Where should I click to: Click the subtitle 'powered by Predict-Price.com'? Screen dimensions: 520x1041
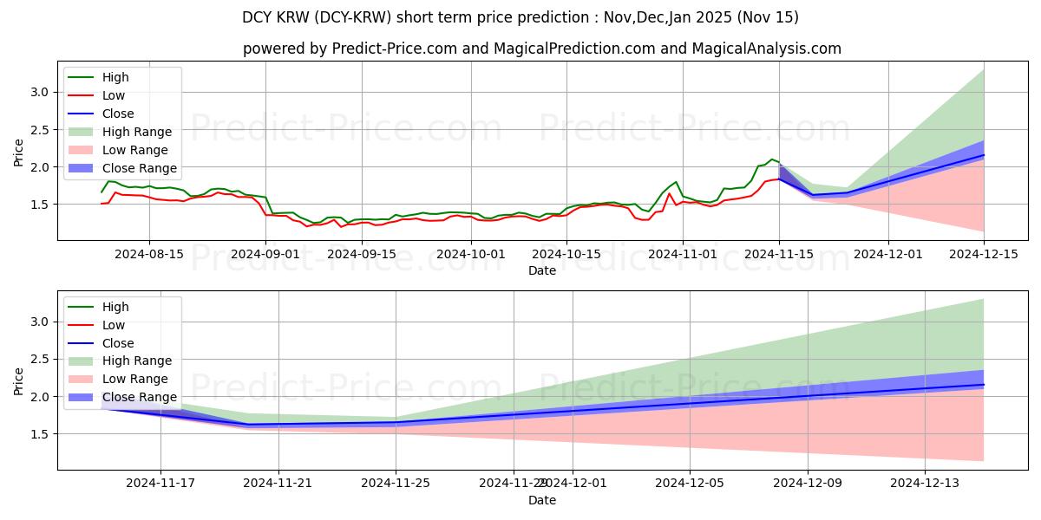click(541, 49)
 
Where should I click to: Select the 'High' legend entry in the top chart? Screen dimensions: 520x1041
click(115, 77)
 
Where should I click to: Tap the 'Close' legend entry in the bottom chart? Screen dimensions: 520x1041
click(118, 343)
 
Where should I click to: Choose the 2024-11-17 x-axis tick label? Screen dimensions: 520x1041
click(160, 483)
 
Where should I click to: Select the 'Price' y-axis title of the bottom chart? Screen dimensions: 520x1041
click(19, 380)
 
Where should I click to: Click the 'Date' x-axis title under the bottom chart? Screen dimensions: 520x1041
click(541, 500)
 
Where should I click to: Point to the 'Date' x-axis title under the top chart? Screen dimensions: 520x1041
click(541, 270)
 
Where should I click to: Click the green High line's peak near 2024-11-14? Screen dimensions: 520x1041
click(771, 159)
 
